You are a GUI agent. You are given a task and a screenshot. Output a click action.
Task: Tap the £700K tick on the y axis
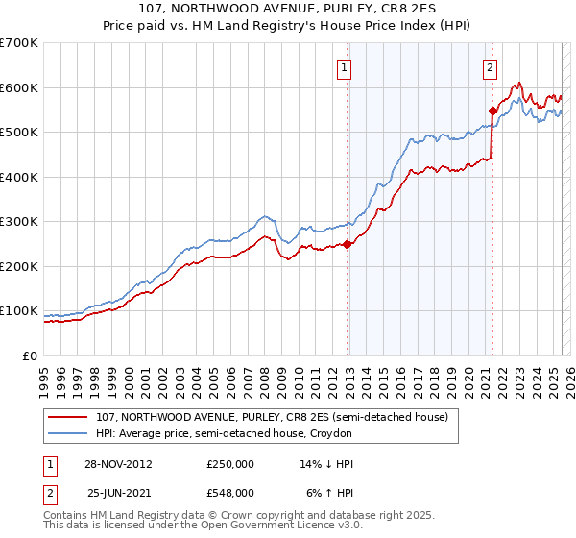(19, 43)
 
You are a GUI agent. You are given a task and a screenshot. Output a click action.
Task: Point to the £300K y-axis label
(19, 222)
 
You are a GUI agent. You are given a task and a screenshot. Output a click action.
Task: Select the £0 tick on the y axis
(31, 355)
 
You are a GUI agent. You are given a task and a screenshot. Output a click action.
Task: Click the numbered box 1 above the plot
(344, 67)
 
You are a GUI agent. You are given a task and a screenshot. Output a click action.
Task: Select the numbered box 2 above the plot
(490, 67)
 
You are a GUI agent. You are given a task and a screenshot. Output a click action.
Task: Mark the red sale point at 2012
(348, 244)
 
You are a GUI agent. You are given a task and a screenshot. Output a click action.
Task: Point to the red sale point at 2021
(492, 110)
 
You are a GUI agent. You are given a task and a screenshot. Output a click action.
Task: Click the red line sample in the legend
(67, 417)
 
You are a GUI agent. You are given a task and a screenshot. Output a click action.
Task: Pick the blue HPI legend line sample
(67, 434)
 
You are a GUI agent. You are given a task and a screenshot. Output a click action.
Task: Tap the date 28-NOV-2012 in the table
(118, 463)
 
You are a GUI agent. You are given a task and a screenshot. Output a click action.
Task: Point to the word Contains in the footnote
(67, 516)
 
